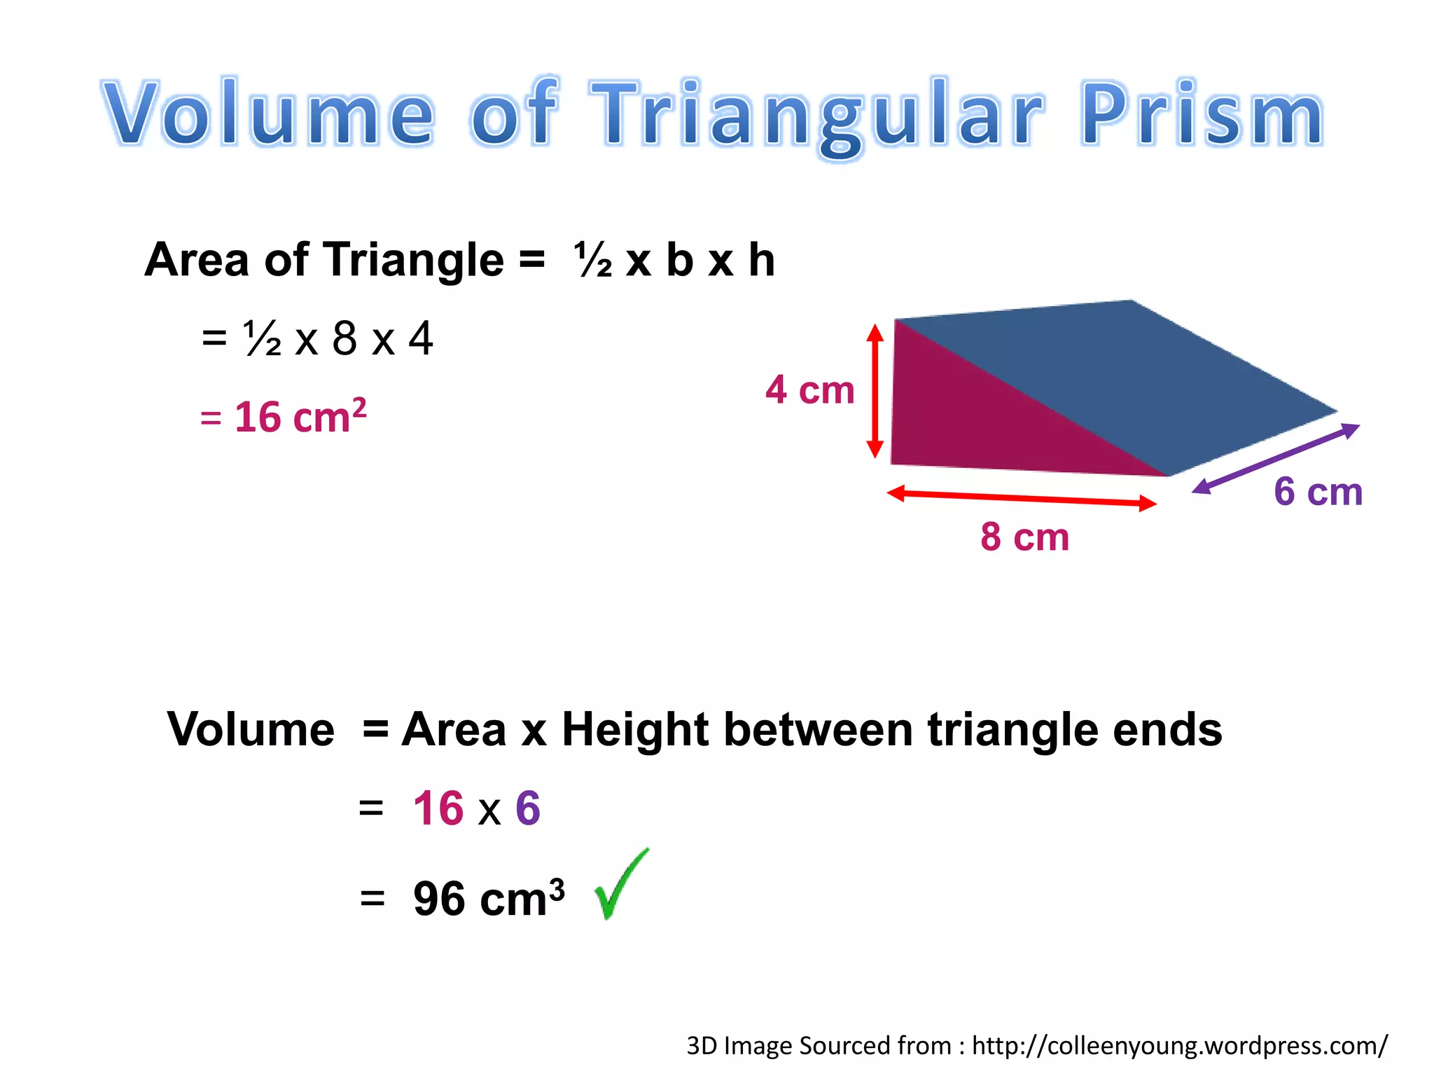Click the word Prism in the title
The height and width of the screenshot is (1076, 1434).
pos(1202,113)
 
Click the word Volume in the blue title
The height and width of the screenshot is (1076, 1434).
pos(269,113)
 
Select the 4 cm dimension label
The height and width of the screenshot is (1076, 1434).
pos(810,390)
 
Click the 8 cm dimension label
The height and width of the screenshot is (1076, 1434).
pos(1024,537)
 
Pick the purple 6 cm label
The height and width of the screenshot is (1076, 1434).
pos(1318,492)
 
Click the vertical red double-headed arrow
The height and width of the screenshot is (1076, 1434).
pos(875,391)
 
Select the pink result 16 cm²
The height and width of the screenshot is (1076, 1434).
pos(284,418)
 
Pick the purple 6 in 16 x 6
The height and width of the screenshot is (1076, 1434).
pos(528,808)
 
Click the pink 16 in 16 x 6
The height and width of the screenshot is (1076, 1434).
pos(438,808)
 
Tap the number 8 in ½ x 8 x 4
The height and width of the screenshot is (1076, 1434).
pos(344,338)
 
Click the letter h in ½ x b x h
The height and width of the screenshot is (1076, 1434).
pos(761,261)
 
